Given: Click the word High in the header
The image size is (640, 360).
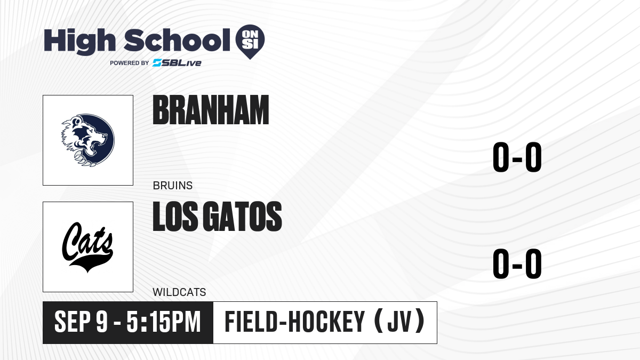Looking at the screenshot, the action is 79,42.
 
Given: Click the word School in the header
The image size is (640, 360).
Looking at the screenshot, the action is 177,40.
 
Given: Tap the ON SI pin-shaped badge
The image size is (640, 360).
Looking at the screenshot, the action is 250,42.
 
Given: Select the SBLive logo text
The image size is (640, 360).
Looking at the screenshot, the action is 177,63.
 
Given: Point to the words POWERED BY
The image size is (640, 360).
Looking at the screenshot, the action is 130,63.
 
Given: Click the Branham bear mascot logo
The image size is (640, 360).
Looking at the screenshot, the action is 88,140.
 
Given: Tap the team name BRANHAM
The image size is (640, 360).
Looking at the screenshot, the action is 211,110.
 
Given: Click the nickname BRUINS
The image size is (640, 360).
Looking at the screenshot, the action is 173,186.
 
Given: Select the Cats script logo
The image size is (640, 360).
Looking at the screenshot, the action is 87,247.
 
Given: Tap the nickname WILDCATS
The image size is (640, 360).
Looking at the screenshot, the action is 179,292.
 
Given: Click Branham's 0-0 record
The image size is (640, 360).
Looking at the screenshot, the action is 517,157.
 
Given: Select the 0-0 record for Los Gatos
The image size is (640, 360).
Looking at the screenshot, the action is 517,263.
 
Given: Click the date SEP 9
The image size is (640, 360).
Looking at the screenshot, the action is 81,322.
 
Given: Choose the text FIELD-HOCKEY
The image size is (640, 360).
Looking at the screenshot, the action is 295,322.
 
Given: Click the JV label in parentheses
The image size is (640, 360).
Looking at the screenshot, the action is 399,322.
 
